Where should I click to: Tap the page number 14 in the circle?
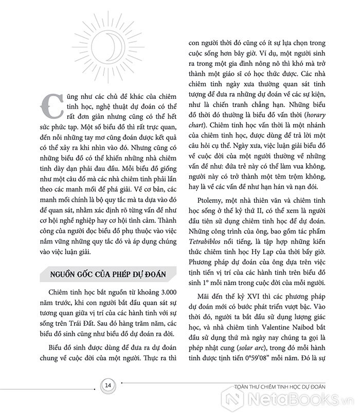(x=108, y=386)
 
